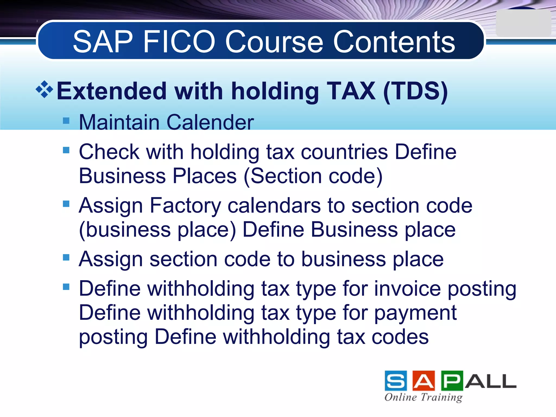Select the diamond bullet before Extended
[x=44, y=89]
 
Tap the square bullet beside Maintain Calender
[x=66, y=121]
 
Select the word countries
[x=344, y=152]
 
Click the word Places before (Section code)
[x=205, y=176]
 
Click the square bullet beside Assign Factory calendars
[x=66, y=204]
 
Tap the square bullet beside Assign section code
[x=66, y=257]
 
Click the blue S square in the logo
[x=396, y=381]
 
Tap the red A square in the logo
[x=424, y=381]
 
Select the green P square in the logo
[x=452, y=381]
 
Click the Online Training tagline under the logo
[x=423, y=397]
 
